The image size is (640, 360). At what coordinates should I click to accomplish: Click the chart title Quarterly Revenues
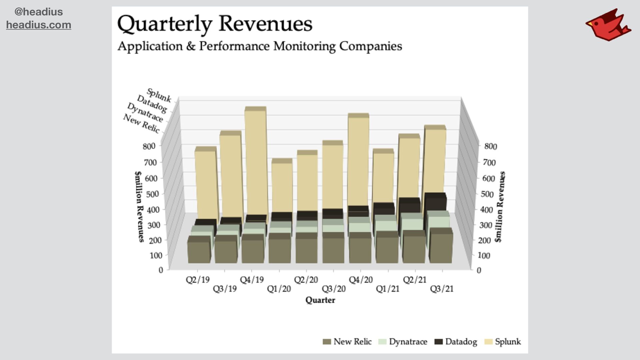[x=215, y=24]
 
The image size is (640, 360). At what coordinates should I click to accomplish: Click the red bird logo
[x=608, y=25]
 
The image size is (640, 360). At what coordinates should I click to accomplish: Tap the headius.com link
[x=39, y=25]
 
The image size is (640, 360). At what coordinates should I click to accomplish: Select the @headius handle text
[x=39, y=12]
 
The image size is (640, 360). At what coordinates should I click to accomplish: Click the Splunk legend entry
[x=503, y=342]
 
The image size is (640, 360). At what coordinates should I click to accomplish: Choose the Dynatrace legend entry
[x=403, y=342]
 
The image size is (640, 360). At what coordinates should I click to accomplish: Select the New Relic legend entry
[x=347, y=342]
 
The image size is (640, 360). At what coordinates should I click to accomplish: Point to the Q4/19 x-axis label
[x=252, y=280]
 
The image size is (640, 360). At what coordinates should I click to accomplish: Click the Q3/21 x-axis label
[x=442, y=289]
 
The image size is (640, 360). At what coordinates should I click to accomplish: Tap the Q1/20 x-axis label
[x=279, y=289]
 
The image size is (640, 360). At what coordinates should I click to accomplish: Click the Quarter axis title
[x=320, y=300]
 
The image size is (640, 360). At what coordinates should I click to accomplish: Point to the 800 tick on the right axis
[x=490, y=146]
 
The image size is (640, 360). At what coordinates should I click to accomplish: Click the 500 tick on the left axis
[x=152, y=194]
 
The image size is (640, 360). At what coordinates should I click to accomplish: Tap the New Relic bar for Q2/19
[x=199, y=252]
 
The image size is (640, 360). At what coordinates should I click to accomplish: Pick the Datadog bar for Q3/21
[x=435, y=202]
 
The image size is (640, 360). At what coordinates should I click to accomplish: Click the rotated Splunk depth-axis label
[x=159, y=95]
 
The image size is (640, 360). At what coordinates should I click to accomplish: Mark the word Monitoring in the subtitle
[x=304, y=46]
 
